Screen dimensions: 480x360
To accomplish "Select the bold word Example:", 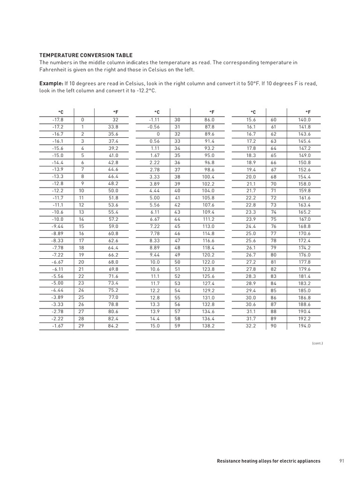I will pyautogui.click(x=51, y=83).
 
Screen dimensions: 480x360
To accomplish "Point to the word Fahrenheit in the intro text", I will pyautogui.click(x=53, y=70).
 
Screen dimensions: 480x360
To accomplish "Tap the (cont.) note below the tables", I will pyautogui.click(x=317, y=343).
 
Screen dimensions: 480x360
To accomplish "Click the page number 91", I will pyautogui.click(x=342, y=461).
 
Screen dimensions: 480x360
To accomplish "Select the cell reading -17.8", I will pyautogui.click(x=58, y=120).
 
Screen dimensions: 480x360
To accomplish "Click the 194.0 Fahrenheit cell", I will pyautogui.click(x=305, y=325).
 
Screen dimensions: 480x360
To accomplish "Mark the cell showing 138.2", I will pyautogui.click(x=208, y=325).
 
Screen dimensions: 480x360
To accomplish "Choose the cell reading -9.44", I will pyautogui.click(x=58, y=225).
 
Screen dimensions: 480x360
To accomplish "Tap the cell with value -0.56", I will pyautogui.click(x=154, y=127).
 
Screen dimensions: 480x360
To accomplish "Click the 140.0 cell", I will pyautogui.click(x=305, y=120).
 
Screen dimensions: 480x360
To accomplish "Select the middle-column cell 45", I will pyautogui.click(x=177, y=225).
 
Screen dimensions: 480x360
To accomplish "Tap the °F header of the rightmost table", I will pyautogui.click(x=308, y=112).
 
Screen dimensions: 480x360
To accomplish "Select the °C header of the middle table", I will pyautogui.click(x=157, y=112).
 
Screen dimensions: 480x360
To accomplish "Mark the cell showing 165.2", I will pyautogui.click(x=305, y=211).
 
